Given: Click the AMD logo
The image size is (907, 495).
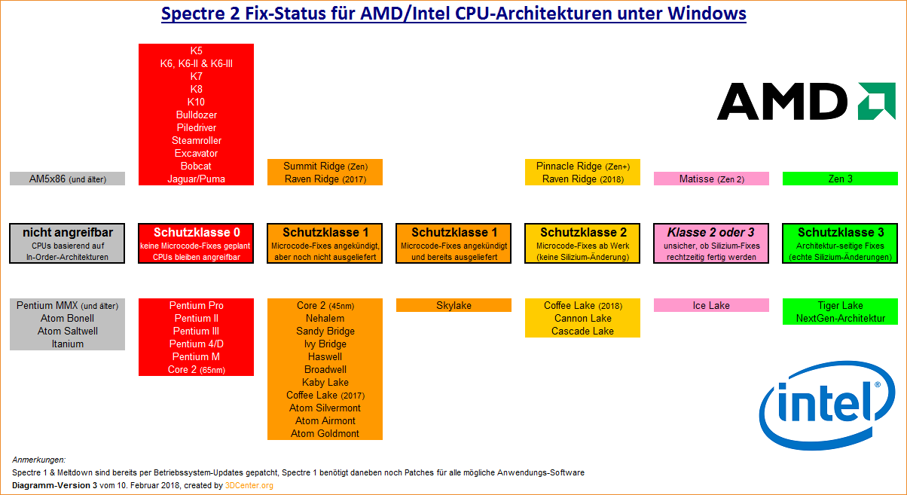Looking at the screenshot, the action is coord(806,101).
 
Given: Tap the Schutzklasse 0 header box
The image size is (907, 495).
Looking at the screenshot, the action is coord(196,243).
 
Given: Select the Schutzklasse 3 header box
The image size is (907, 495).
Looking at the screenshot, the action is coord(840,243).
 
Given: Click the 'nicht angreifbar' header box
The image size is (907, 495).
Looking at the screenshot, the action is coord(67,243).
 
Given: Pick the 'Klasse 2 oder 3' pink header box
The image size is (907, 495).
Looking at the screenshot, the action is coord(711,243).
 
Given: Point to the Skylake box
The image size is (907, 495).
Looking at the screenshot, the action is coord(453,305).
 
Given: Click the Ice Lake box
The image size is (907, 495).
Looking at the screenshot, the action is coord(711,305).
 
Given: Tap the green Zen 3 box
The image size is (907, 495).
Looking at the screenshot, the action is coord(840,179).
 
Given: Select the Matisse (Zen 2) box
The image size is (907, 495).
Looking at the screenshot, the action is coord(711,179).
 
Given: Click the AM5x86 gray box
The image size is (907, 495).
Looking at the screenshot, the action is coord(67,179).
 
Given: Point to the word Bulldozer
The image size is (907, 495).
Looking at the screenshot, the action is coord(197,115).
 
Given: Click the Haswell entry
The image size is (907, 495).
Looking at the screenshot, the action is coord(325,357).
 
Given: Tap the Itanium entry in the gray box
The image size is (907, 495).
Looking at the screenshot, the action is coord(68,344).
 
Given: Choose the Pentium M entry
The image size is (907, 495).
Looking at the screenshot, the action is coord(196,357).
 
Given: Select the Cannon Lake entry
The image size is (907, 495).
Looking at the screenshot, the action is coord(582,319).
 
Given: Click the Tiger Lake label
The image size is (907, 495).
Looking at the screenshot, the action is coord(840,305).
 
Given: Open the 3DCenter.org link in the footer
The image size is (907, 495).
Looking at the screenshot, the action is coord(249,485).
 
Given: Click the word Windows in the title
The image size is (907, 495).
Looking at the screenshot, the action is coord(707,14).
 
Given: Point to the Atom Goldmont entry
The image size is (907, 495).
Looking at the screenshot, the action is coord(325,433).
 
